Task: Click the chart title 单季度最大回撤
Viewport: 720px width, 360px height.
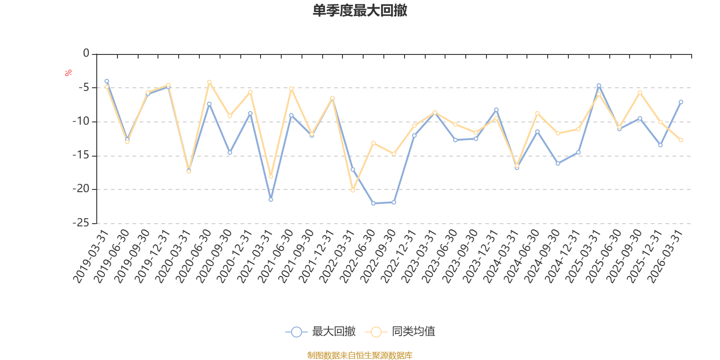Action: tap(360, 10)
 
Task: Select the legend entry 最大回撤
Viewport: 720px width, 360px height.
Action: tap(320, 331)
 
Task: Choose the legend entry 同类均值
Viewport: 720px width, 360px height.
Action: tap(400, 331)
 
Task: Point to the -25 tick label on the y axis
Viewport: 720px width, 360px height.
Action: tap(81, 223)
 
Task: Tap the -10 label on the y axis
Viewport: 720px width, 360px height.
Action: tap(81, 121)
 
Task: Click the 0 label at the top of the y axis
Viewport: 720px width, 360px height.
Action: tap(86, 53)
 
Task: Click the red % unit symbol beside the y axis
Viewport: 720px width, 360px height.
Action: tap(68, 73)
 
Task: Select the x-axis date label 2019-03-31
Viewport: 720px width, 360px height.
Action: tap(90, 256)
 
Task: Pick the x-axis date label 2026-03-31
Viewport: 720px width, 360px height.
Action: tap(665, 256)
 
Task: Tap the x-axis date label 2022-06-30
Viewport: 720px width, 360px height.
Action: tap(357, 256)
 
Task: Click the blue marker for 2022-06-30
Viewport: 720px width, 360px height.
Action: tap(373, 203)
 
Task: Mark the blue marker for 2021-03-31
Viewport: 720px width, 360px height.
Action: tap(270, 200)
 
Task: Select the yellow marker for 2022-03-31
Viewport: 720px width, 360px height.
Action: tap(353, 190)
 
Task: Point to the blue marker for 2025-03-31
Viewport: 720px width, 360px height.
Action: tap(599, 86)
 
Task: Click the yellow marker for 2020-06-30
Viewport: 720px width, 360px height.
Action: tap(209, 82)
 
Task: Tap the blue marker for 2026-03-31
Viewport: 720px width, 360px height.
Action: tap(681, 102)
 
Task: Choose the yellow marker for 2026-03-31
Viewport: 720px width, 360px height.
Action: tap(681, 140)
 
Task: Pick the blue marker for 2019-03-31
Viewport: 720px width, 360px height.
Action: tap(107, 81)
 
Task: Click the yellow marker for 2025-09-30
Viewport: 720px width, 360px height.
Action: tap(640, 93)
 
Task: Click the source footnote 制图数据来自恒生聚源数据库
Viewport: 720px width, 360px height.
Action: tap(360, 355)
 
